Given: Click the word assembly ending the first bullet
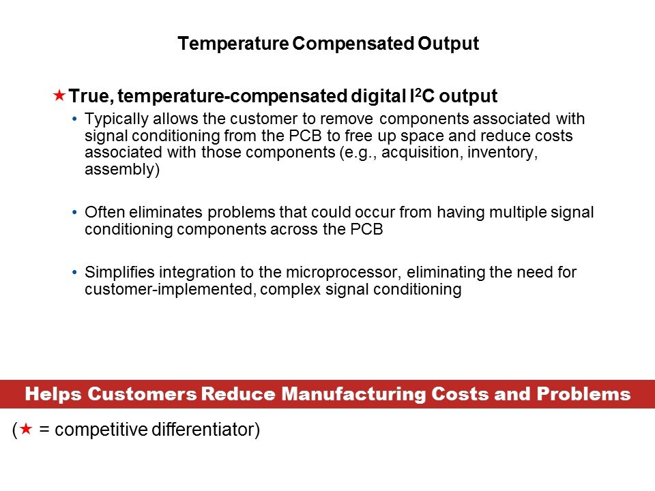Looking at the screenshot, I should (121, 170).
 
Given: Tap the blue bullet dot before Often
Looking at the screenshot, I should (74, 213).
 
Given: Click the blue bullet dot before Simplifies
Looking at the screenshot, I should (74, 273).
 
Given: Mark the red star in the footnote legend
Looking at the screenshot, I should (25, 430).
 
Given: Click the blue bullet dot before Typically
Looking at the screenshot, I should (74, 119).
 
